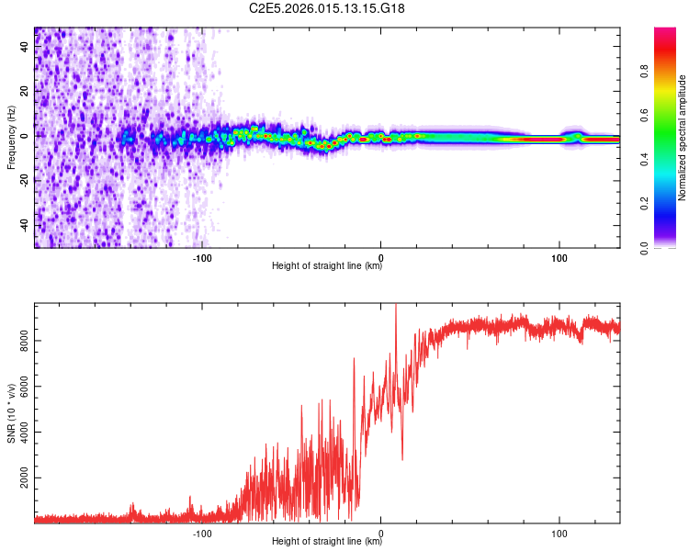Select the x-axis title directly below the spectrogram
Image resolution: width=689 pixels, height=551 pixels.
327,267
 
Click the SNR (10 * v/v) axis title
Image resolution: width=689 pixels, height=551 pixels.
11,413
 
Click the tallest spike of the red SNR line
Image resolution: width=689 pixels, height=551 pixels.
396,307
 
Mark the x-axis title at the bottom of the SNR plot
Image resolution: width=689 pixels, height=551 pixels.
327,543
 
